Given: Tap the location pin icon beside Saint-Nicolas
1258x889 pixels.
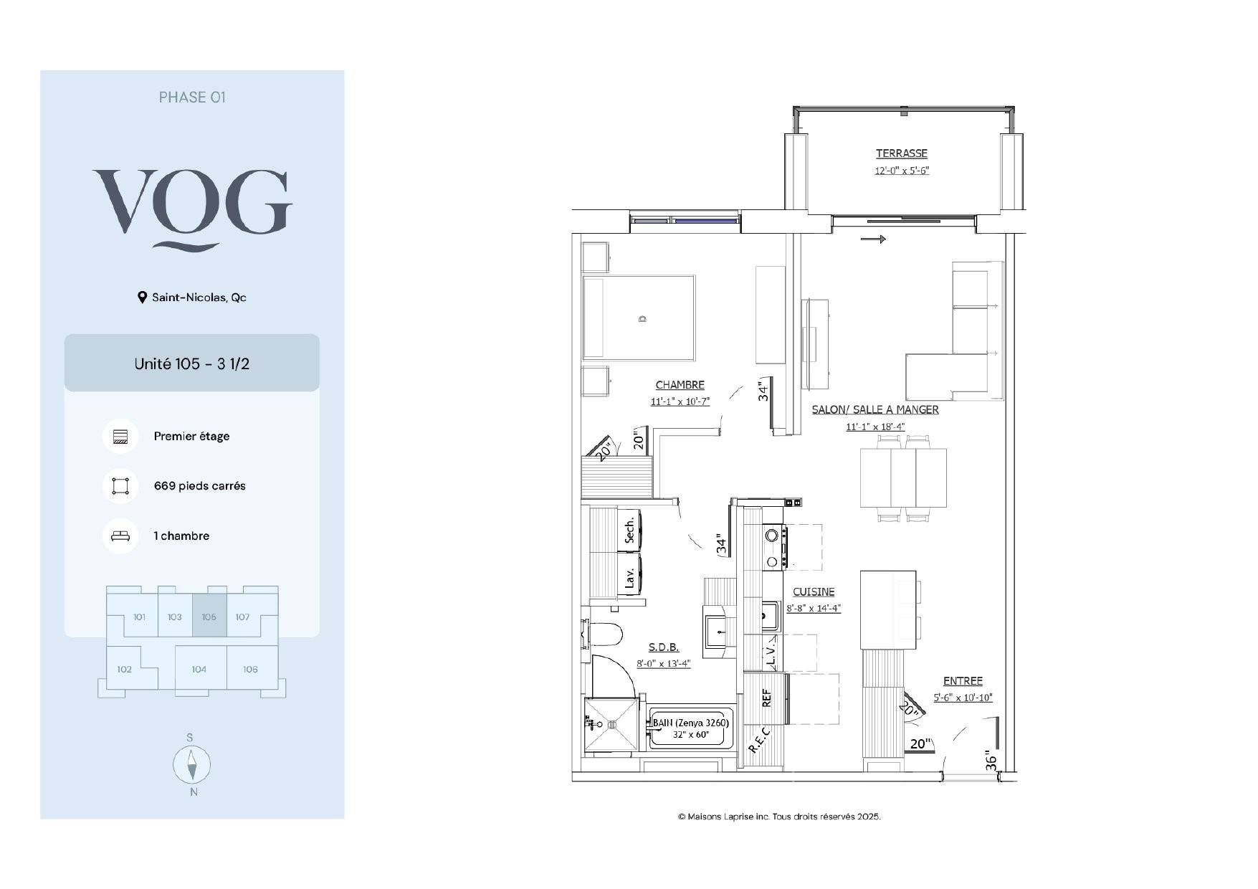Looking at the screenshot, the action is pos(142,298).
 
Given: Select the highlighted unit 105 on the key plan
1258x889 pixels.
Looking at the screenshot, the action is pos(209,615).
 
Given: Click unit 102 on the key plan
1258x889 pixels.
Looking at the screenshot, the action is pos(125,669).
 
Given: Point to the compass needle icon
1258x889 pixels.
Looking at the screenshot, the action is pos(191,765).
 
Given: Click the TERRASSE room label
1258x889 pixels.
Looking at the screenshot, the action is pos(901,153).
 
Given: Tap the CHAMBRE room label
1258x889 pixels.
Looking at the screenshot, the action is pos(680,385).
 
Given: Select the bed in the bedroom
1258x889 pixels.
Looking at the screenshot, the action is pos(639,318).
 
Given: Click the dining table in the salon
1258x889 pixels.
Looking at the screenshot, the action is pos(903,477).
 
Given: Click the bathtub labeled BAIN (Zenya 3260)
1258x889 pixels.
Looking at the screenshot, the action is pos(691,728).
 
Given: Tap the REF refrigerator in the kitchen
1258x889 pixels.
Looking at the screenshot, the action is pos(766,698).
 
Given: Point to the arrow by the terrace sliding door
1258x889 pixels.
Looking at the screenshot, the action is pos(873,239).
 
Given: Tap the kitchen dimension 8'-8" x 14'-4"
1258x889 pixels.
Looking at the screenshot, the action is pos(813,608).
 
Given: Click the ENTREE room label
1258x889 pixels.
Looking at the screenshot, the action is pos(963,681).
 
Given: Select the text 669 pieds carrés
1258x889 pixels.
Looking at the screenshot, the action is pos(199,486).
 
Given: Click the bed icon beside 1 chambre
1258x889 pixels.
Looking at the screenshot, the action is pos(120,536).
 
